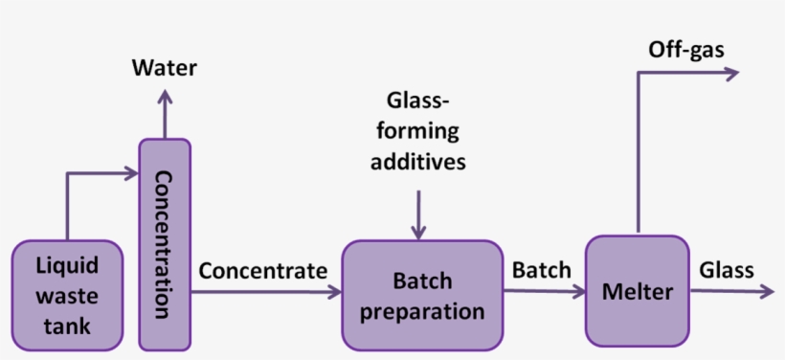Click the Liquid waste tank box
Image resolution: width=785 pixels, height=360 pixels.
coord(67,294)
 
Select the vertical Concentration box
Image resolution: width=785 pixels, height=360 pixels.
coord(164,243)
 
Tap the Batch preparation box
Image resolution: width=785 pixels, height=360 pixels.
coord(422,294)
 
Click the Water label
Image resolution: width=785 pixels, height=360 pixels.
coord(164,68)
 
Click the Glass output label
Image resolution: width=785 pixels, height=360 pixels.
coord(726,270)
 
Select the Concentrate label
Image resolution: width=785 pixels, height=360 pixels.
coord(262,271)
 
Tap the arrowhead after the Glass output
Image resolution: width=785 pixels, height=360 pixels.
coord(766,291)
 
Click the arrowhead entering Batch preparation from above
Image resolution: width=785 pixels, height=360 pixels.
coord(417,232)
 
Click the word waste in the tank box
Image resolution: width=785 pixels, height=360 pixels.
coord(67,295)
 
